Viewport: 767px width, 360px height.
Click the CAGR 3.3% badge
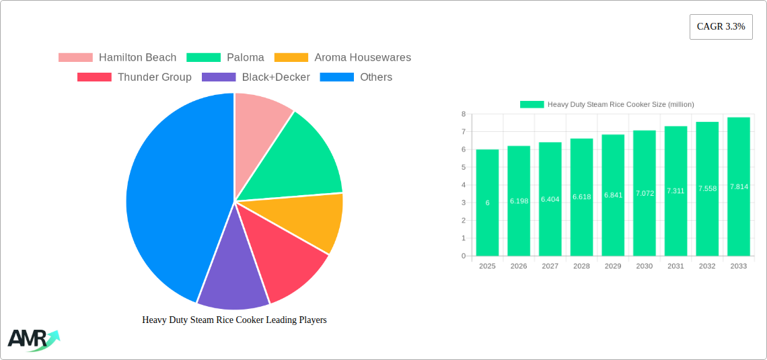(721, 27)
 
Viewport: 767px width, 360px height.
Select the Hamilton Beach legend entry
(118, 58)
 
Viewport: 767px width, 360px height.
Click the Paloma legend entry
(225, 58)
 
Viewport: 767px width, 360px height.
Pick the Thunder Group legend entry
(135, 77)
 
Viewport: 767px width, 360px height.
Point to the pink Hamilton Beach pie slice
(259, 121)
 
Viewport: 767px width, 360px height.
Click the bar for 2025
(487, 203)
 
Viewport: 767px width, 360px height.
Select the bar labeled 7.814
(738, 186)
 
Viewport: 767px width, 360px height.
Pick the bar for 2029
(613, 195)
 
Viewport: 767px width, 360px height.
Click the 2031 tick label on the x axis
(675, 266)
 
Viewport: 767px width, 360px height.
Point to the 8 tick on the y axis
(463, 114)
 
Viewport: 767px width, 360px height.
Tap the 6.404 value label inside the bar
(550, 199)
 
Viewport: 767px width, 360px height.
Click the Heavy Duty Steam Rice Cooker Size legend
(607, 104)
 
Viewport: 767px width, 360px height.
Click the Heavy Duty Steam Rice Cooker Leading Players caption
(234, 320)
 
